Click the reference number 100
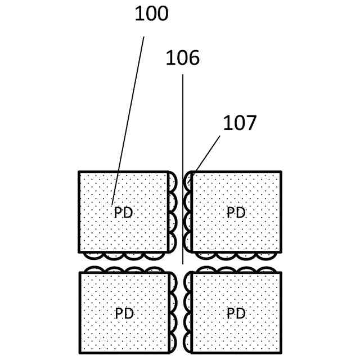click(151, 14)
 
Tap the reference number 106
click(182, 58)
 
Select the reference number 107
click(240, 123)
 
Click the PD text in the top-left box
click(123, 213)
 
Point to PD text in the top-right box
click(236, 213)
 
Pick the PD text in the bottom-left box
click(124, 313)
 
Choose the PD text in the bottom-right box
click(236, 313)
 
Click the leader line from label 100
click(128, 118)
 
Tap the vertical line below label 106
click(182, 169)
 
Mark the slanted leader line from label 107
click(208, 152)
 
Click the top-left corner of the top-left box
click(79, 172)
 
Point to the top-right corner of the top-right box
click(280, 172)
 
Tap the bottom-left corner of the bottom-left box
click(80, 352)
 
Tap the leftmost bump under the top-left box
click(94, 255)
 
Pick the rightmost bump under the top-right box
click(266, 255)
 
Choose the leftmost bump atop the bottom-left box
click(94, 270)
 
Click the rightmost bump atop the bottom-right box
click(267, 270)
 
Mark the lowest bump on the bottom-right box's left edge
click(188, 342)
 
